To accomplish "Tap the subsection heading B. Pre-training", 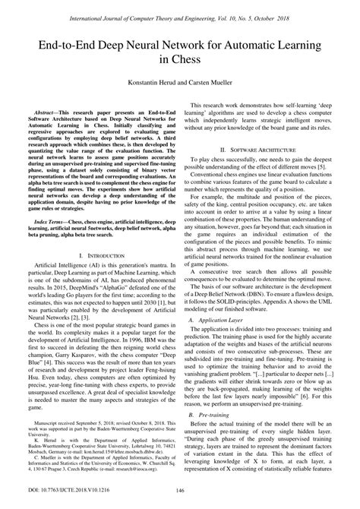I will tap(212, 438).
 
